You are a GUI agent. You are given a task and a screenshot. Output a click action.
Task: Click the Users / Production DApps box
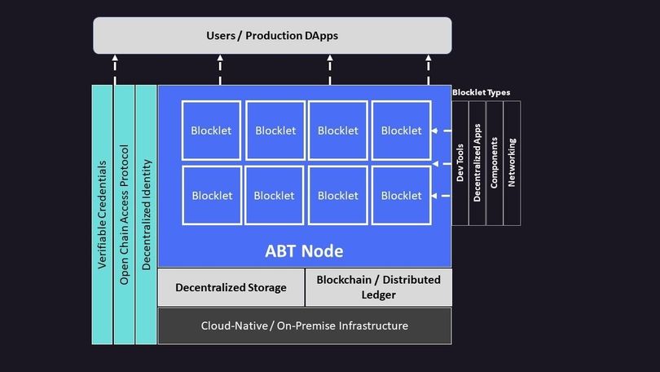pos(272,36)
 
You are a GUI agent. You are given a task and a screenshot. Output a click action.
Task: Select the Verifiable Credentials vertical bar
pos(102,214)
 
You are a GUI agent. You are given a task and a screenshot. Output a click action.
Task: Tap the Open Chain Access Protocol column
pos(124,214)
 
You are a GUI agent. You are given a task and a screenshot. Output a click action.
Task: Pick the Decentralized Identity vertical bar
pos(146,214)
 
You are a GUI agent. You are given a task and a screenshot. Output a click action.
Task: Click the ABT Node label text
pos(304,250)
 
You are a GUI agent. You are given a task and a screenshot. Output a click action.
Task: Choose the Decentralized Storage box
pos(231,287)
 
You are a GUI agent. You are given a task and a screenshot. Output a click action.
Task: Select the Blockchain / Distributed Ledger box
pos(378,287)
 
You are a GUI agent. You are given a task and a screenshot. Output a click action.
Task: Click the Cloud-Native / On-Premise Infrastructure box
pos(304,325)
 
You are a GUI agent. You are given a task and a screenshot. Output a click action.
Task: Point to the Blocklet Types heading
pos(482,92)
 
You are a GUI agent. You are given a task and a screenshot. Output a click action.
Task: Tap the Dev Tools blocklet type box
pos(460,162)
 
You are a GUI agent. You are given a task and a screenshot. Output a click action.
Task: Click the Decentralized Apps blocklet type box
pos(477,162)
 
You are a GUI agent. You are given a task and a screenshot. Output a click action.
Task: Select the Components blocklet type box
pos(495,162)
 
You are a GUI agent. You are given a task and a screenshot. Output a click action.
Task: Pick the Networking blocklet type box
pos(512,162)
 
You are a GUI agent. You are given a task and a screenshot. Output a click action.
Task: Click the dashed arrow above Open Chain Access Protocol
pos(115,69)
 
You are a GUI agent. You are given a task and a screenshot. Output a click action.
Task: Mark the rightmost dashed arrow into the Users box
pos(429,69)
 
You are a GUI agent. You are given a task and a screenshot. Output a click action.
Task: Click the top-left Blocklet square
pos(211,131)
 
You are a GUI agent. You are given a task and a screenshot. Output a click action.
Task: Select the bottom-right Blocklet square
pos(401,196)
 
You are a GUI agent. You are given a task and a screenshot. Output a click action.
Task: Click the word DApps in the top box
pos(316,36)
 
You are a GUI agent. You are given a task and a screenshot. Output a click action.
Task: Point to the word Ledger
pos(378,294)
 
